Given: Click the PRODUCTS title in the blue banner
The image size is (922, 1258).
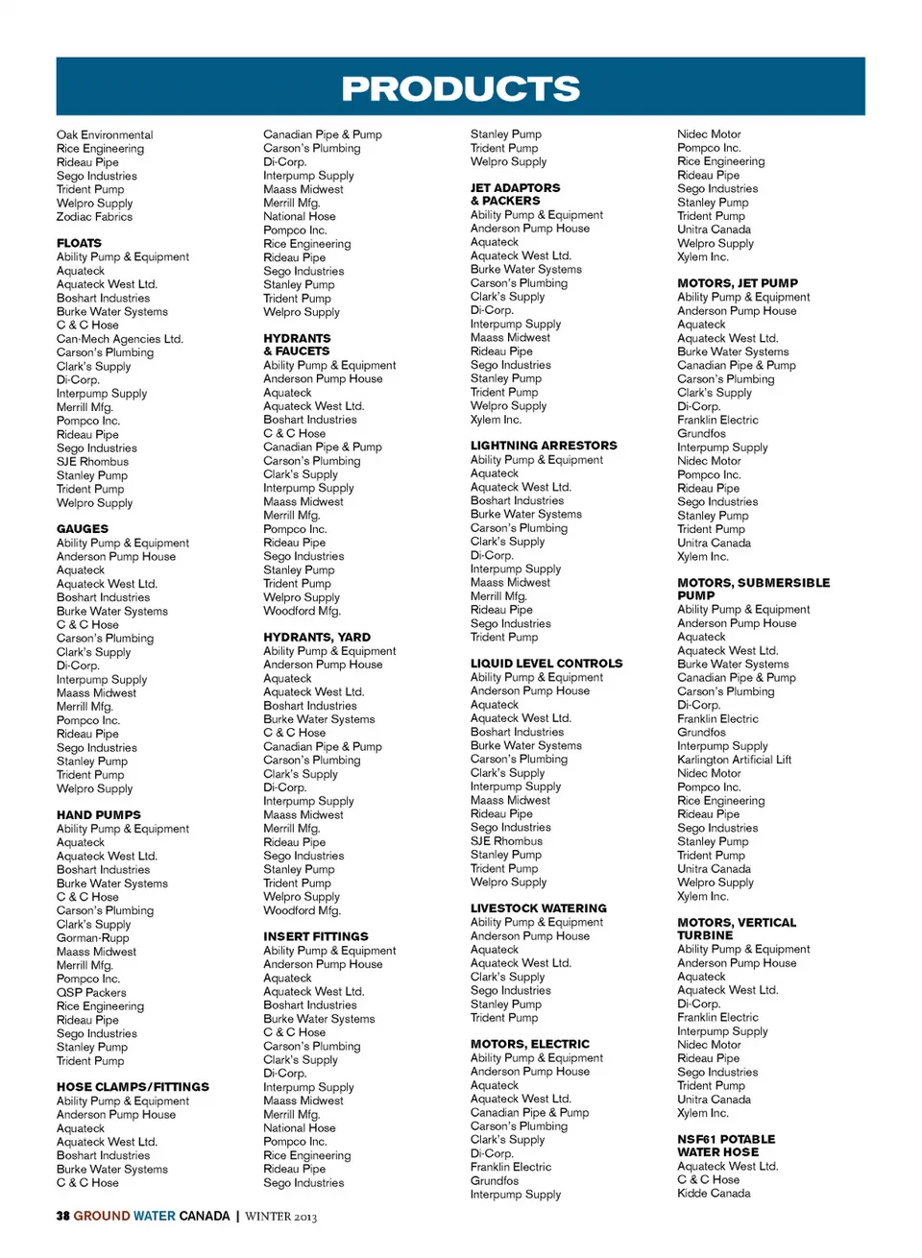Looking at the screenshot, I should click(461, 88).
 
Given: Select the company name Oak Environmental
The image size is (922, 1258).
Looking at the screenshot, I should click(105, 135).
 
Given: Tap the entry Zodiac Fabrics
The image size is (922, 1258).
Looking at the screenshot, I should click(94, 217).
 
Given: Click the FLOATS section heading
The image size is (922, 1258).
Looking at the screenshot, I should click(79, 244).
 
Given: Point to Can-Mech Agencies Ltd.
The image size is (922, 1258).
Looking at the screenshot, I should click(119, 339).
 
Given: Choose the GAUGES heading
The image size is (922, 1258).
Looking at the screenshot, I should click(83, 529).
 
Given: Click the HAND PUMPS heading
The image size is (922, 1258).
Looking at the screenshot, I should click(98, 815).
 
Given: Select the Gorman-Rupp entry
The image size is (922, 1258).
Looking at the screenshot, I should click(92, 938).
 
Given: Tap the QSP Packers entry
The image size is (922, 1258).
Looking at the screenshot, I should click(91, 993).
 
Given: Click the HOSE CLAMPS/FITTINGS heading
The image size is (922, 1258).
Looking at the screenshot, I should click(133, 1087).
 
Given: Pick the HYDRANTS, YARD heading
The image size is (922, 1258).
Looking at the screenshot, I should click(317, 638).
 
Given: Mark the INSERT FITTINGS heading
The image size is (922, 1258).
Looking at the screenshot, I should click(316, 936).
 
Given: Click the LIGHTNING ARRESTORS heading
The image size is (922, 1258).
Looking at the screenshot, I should click(544, 446).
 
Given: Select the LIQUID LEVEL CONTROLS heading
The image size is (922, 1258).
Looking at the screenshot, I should click(546, 664).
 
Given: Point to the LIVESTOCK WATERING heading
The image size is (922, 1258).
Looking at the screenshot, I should click(539, 908).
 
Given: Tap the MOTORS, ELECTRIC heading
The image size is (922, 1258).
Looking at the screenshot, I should click(530, 1044).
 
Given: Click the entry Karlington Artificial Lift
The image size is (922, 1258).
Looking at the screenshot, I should click(735, 760).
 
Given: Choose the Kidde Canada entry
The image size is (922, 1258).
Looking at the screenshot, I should click(714, 1194).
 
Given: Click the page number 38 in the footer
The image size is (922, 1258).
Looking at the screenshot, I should click(62, 1216).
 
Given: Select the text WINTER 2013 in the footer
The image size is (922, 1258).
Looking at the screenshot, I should click(280, 1217).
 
